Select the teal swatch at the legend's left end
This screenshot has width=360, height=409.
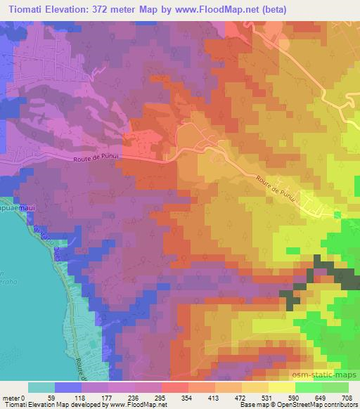41,387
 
